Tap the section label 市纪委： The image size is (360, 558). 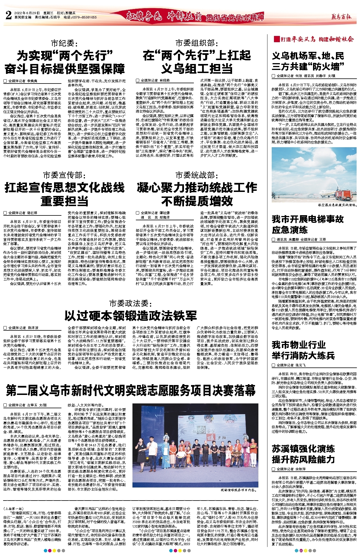[63, 43]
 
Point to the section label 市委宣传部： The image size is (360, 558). [63, 175]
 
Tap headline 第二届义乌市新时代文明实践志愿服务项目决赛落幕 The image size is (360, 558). [130, 391]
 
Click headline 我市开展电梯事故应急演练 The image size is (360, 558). [308, 224]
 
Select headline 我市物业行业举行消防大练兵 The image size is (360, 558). [303, 350]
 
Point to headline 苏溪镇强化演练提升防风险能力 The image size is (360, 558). [303, 454]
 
